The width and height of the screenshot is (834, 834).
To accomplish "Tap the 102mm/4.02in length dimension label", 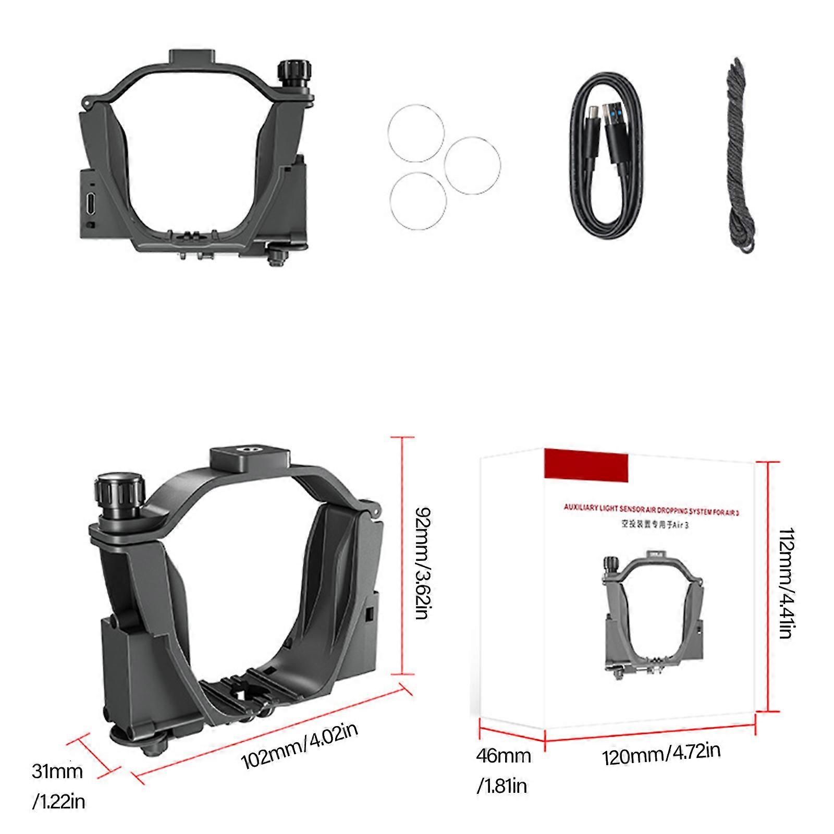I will (299, 746).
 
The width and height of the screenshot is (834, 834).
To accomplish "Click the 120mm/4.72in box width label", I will (661, 754).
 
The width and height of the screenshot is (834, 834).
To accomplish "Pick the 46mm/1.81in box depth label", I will (502, 770).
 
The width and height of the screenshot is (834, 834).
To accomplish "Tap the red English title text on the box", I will (652, 510).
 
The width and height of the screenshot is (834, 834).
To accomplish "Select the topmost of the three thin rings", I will (415, 132).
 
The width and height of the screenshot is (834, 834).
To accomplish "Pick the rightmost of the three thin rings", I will (472, 166).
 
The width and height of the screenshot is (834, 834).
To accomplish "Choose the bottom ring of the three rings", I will (418, 201).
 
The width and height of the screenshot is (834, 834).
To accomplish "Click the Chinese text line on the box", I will (655, 525).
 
